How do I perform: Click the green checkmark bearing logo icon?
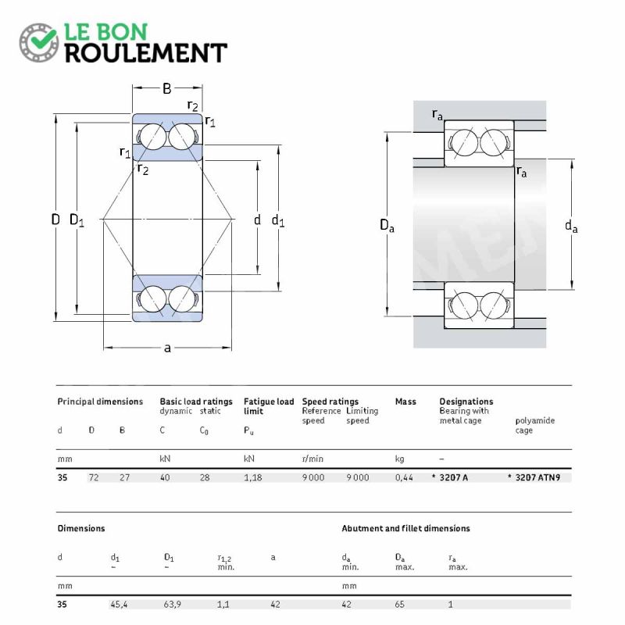tap(39, 42)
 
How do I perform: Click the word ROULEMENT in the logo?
tap(146, 53)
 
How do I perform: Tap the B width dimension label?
tap(167, 88)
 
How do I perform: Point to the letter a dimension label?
tap(167, 348)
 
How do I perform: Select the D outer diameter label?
tap(55, 220)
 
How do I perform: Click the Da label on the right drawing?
tap(387, 225)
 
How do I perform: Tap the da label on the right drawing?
tap(571, 226)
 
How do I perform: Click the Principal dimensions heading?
tap(100, 402)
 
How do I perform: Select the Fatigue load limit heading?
tap(269, 406)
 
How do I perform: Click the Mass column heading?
tap(405, 402)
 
